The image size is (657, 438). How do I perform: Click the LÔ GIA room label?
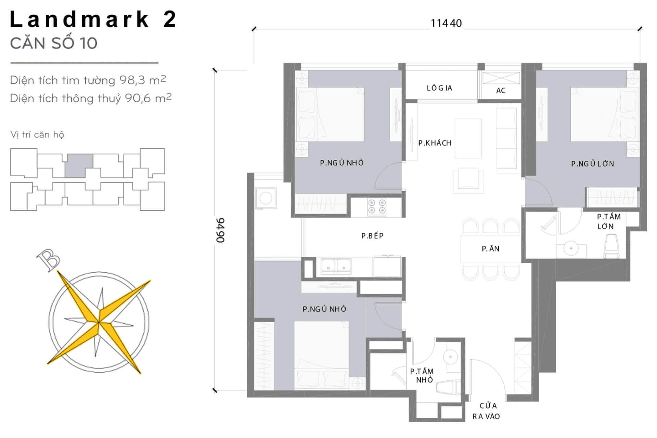click(x=439, y=88)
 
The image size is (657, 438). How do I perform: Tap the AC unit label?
click(x=501, y=90)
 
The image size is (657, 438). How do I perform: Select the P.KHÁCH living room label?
click(x=435, y=143)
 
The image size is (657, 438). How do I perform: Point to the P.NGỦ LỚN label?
click(x=592, y=164)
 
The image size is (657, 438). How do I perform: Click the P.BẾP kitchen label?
click(x=372, y=235)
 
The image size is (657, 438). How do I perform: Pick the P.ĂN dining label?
click(x=490, y=249)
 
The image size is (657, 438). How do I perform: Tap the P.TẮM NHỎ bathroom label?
click(x=422, y=375)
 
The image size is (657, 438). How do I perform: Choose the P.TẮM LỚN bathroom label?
click(x=609, y=221)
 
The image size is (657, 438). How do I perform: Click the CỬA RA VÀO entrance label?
click(x=486, y=411)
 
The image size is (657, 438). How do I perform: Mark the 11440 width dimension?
click(x=446, y=23)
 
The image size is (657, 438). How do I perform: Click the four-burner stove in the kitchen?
click(x=377, y=207)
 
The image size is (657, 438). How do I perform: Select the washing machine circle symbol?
click(x=266, y=198)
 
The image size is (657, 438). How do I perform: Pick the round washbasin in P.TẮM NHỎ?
click(x=450, y=357)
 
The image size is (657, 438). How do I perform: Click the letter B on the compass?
click(x=49, y=260)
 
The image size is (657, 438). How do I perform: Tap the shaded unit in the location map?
click(x=79, y=165)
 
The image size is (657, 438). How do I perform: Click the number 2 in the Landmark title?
click(x=170, y=19)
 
